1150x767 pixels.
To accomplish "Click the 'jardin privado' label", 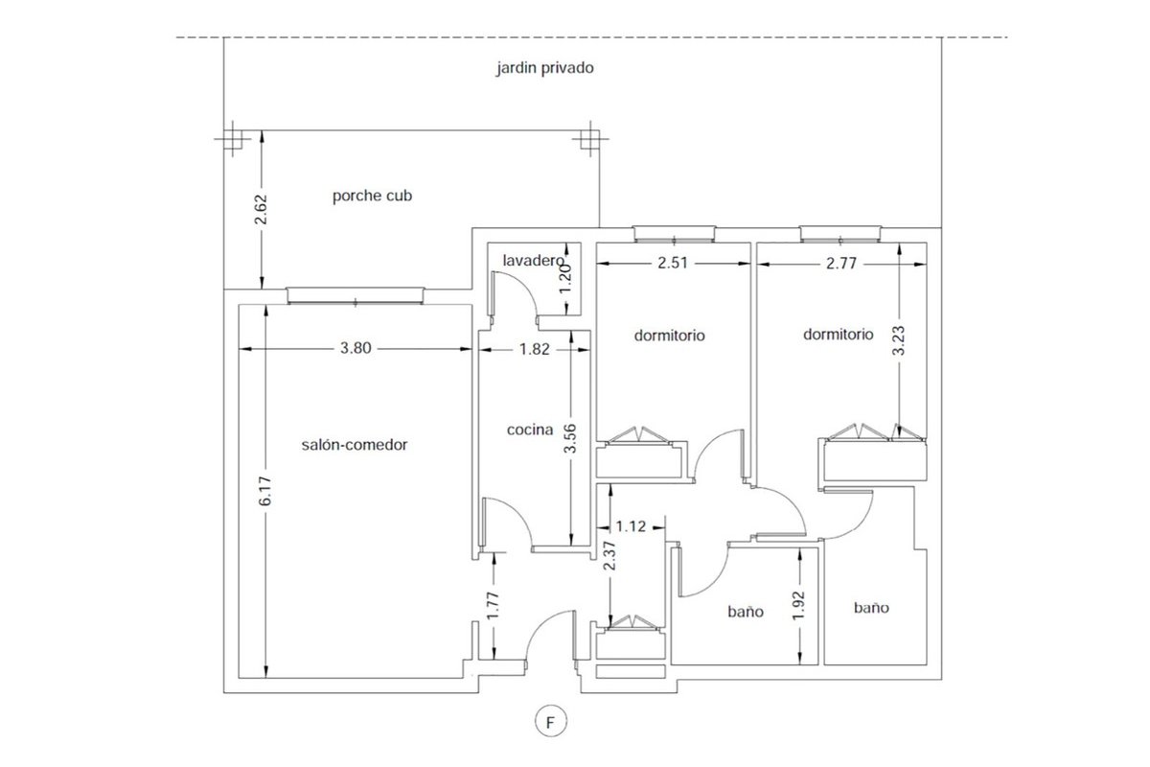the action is click(x=544, y=68).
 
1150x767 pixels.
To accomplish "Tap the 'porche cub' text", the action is click(x=372, y=196).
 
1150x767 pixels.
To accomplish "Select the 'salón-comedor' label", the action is click(x=355, y=444).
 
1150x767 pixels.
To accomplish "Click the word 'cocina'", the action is click(x=530, y=430).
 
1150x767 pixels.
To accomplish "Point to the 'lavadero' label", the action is click(x=533, y=261).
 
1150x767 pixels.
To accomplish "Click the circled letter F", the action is click(x=551, y=722).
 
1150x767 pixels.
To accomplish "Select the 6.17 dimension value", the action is click(x=264, y=491).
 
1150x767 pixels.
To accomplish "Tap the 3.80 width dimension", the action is click(x=356, y=348).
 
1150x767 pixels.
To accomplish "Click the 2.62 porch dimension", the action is click(x=262, y=209).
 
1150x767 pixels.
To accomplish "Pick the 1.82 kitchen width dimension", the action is click(x=535, y=349).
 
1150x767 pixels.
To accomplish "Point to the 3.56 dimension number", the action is click(x=570, y=438).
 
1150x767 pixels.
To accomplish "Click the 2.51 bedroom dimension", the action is click(x=673, y=263).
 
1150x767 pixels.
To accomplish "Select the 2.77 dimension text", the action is click(x=841, y=264).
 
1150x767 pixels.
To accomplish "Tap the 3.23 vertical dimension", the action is click(x=899, y=340).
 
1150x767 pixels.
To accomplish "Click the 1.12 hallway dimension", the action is click(x=631, y=526).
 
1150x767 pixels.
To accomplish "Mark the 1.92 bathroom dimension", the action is click(x=799, y=606).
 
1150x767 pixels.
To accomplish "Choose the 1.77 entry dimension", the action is click(x=493, y=606).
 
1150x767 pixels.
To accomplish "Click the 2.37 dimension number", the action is click(x=609, y=556).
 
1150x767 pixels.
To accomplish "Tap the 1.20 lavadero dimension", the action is click(x=565, y=279).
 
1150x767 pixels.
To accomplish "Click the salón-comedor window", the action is click(x=356, y=296).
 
